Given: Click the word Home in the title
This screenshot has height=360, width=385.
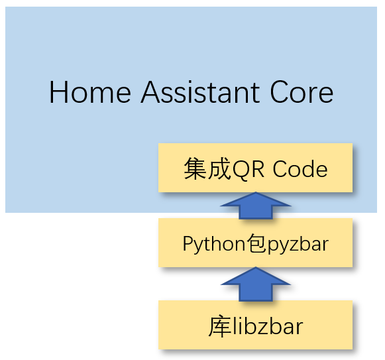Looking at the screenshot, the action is (x=90, y=92).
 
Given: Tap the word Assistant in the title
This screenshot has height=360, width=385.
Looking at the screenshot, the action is (x=200, y=92).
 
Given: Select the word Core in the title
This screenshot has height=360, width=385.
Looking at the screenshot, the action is (x=302, y=92).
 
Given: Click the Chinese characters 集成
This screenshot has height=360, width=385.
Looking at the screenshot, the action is (x=207, y=168).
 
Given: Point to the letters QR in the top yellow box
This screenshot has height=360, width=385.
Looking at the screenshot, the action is (x=248, y=169).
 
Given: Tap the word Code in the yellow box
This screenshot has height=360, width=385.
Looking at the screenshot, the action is (x=300, y=168).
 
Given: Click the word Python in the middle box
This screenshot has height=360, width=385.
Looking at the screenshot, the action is (x=214, y=244).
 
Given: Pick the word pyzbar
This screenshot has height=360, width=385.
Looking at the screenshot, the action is (x=298, y=245).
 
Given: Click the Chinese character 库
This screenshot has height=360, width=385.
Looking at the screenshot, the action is (x=220, y=326).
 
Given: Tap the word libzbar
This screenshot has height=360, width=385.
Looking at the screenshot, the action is (x=268, y=326).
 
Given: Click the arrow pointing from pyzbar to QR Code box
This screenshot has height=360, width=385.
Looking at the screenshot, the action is (x=256, y=206).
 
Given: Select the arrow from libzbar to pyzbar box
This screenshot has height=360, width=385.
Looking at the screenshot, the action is (x=256, y=284).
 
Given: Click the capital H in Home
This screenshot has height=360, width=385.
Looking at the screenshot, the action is (x=58, y=92).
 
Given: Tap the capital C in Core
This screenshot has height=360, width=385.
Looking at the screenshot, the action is (x=279, y=92).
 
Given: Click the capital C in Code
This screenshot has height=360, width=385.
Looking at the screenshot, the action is (x=280, y=168).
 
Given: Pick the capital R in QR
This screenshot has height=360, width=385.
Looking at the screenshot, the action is (x=258, y=168).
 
